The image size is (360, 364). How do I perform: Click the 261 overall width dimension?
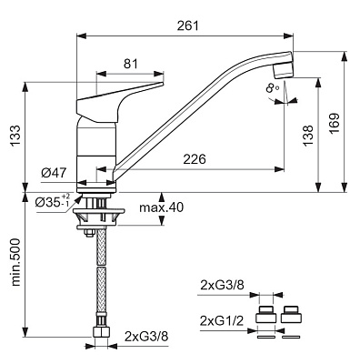pos(188,25)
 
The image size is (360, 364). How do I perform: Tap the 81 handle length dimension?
pos(131,64)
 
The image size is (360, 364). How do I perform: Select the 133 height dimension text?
pos(15,136)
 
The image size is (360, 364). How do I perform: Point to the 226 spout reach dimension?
pos(195,159)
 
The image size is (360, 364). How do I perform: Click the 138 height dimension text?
pos(308,136)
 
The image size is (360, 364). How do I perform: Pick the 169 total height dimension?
pos(335,124)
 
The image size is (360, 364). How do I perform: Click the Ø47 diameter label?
pos(54,173)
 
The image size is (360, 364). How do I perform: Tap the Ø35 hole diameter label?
pos(54,200)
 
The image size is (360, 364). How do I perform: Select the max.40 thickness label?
pos(161,207)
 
